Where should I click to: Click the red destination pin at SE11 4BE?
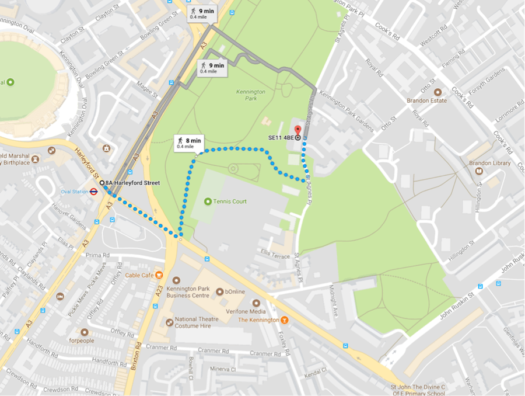(x=297, y=130)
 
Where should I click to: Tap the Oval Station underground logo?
(x=94, y=191)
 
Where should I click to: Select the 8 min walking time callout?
(x=190, y=142)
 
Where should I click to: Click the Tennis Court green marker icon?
(x=208, y=202)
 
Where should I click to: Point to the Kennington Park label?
(x=251, y=95)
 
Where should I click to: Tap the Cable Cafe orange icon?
(x=159, y=275)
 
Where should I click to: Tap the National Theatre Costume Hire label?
(x=196, y=322)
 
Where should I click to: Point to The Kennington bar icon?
(x=284, y=319)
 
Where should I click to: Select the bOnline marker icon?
(x=219, y=291)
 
